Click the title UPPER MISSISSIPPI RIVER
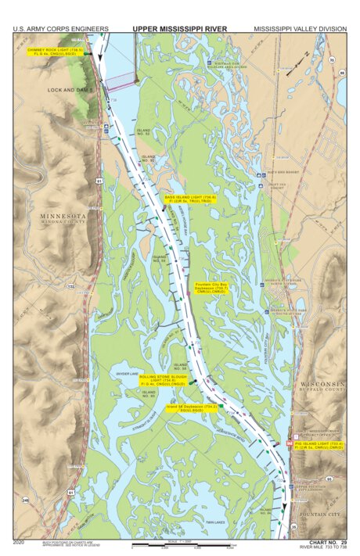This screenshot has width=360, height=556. pos(179,29)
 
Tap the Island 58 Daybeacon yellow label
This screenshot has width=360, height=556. pos(193,407)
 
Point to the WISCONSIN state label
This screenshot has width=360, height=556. pos(321,385)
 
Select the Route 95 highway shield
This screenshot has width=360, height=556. pos(329,479)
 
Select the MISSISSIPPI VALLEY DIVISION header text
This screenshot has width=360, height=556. pos(300,29)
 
